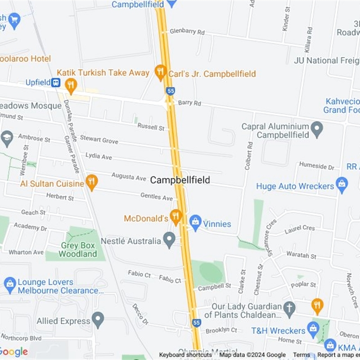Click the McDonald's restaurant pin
tap(175, 216)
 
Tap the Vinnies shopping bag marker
tap(195, 222)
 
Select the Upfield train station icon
tap(56, 82)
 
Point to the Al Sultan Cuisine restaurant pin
tap(92, 182)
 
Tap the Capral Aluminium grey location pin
tap(317, 129)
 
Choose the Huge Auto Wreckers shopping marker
tap(342, 185)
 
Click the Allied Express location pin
tap(98, 320)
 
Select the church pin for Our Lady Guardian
tap(289, 308)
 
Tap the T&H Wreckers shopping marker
tap(313, 329)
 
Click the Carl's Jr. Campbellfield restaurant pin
tap(160, 72)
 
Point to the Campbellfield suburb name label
tap(180, 180)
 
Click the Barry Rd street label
tap(189, 103)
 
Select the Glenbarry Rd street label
tap(187, 32)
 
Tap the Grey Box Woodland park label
tap(78, 250)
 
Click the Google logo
tap(13, 351)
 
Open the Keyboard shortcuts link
tap(185, 355)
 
